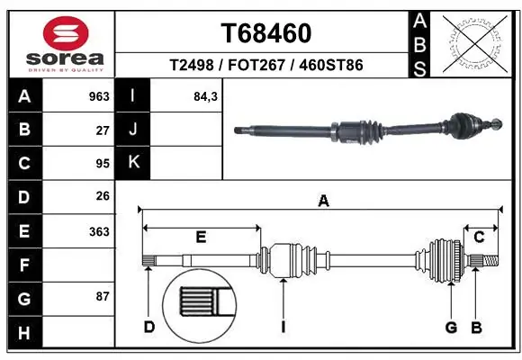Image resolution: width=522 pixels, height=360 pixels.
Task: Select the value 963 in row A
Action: pos(98,96)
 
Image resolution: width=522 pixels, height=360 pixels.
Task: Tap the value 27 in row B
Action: pos(103,130)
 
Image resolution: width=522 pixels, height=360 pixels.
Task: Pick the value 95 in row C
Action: pos(103,164)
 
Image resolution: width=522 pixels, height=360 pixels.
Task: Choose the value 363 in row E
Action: pos(99,231)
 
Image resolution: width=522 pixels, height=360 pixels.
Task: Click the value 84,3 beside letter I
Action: pos(206,96)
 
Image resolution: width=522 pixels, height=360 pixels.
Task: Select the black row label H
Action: pos(23,333)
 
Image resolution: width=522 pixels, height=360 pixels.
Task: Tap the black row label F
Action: pos(23,265)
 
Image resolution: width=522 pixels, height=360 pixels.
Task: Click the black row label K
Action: pos(132,164)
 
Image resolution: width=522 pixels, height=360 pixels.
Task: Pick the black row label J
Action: pos(132,130)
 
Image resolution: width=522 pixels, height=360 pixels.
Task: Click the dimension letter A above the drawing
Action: pos(322,201)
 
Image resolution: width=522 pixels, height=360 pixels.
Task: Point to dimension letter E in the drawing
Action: pos(201,238)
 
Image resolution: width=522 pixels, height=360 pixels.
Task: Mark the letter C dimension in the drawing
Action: pos(479,238)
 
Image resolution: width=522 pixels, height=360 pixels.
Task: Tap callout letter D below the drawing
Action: pos(149,327)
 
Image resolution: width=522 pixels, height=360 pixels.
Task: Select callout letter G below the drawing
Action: pos(452,327)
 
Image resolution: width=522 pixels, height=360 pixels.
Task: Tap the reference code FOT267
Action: pos(265,65)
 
